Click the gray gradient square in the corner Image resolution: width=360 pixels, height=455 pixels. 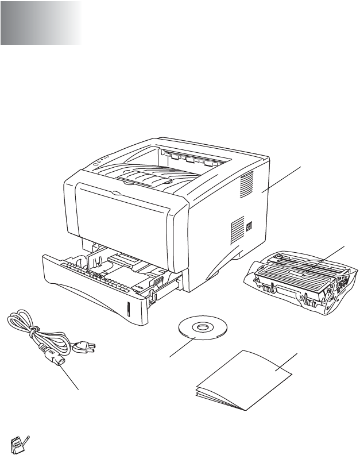[40, 23]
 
